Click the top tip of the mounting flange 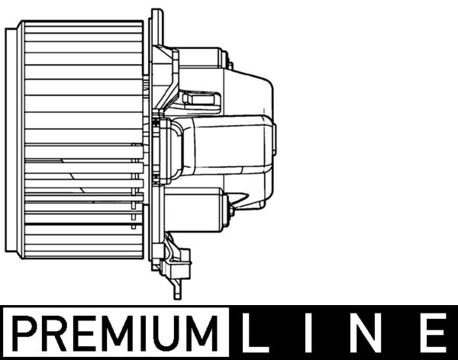[x=156, y=12]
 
